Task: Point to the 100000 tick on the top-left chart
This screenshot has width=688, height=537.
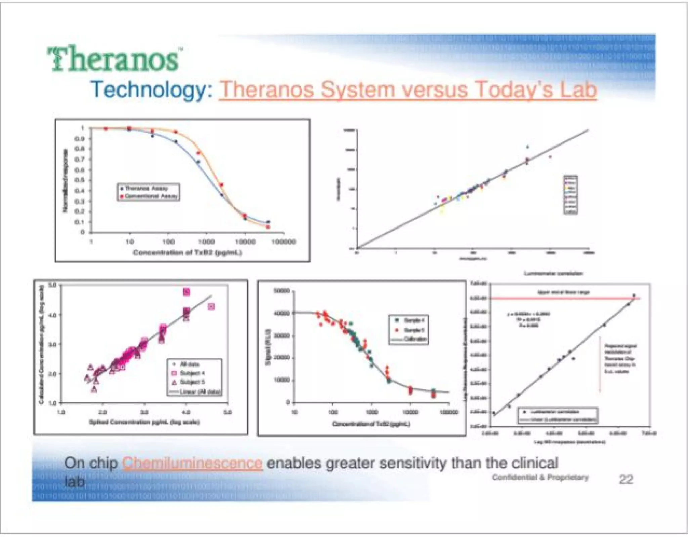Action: pyautogui.click(x=284, y=242)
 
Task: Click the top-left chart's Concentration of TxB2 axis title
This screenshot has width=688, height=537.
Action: pyautogui.click(x=187, y=253)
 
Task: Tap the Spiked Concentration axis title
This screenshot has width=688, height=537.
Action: pyautogui.click(x=144, y=422)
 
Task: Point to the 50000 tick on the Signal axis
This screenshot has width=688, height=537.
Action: pyautogui.click(x=282, y=291)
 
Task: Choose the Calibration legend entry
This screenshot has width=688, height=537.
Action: pyautogui.click(x=415, y=339)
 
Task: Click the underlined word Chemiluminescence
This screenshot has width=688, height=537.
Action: pyautogui.click(x=192, y=463)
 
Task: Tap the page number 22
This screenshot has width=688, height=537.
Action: pyautogui.click(x=626, y=479)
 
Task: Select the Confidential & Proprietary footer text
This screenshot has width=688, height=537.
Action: pyautogui.click(x=540, y=477)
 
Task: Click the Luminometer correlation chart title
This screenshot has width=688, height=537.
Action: pyautogui.click(x=553, y=273)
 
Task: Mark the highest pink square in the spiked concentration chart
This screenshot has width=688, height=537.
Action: pyautogui.click(x=186, y=292)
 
